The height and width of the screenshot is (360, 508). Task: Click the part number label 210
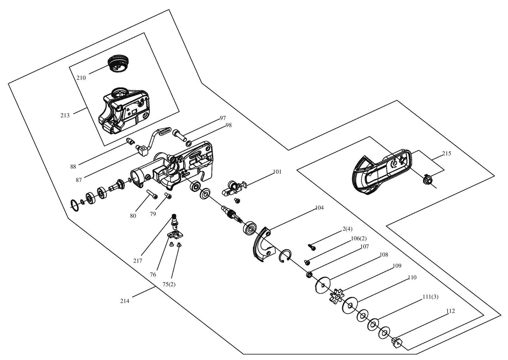click(x=81, y=78)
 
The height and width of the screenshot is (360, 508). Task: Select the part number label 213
click(x=65, y=115)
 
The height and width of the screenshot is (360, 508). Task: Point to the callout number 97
click(x=223, y=118)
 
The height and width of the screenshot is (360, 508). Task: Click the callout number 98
click(x=229, y=125)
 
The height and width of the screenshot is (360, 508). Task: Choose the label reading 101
click(x=277, y=172)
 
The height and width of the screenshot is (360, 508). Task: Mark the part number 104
click(x=319, y=208)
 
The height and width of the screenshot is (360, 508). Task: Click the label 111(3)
click(x=430, y=297)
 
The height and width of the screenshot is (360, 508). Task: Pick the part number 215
click(x=446, y=154)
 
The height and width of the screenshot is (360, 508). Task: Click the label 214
click(x=125, y=301)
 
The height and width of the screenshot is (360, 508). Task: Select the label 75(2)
click(x=169, y=284)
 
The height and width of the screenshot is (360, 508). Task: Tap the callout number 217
click(x=137, y=261)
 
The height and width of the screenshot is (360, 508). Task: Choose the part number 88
click(x=73, y=167)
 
